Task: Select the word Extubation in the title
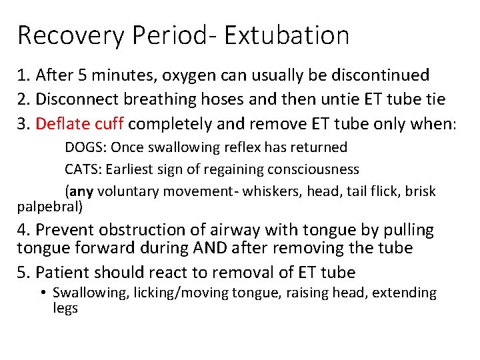pos(287,35)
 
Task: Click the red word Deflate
pos(59,124)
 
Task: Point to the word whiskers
pos(274,192)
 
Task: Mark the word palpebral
pos(47,207)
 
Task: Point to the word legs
pos(65,309)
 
